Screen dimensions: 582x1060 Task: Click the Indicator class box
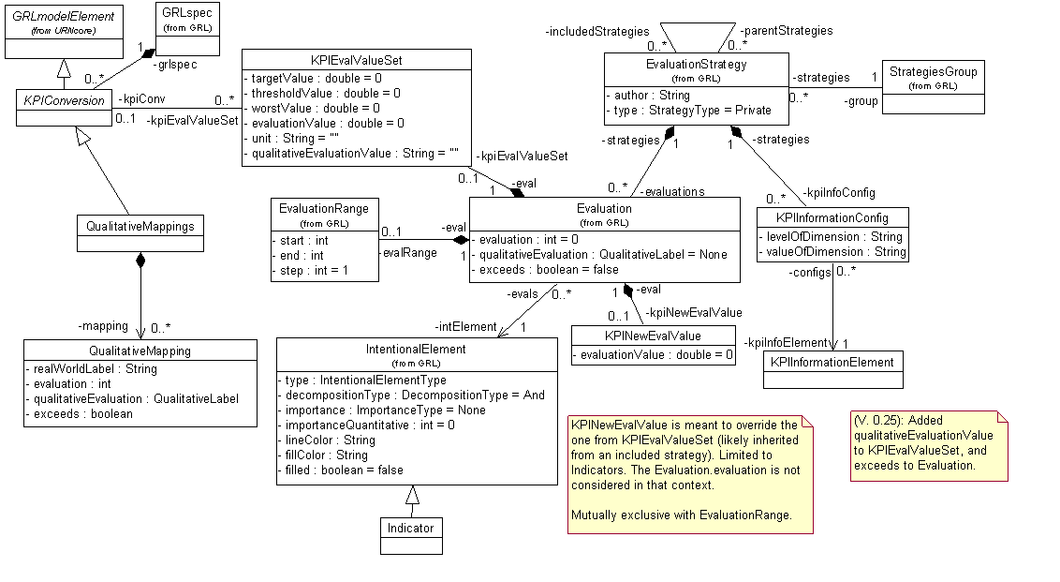pyautogui.click(x=411, y=534)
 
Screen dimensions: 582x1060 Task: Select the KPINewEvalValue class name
pyautogui.click(x=653, y=336)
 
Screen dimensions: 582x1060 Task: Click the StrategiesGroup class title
pyautogui.click(x=933, y=71)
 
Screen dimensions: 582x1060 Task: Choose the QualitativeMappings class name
pyautogui.click(x=140, y=227)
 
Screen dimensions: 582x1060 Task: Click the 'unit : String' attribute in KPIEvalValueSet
pyautogui.click(x=292, y=137)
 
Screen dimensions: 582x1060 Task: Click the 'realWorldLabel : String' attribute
pyautogui.click(x=92, y=368)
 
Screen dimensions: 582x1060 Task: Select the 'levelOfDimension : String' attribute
pyautogui.click(x=832, y=237)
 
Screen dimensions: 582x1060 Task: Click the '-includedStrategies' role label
pyautogui.click(x=597, y=32)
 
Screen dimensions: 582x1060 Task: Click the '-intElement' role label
pyautogui.click(x=465, y=327)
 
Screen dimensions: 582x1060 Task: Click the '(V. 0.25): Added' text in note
pyautogui.click(x=899, y=421)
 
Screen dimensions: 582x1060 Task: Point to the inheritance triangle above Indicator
pyautogui.click(x=411, y=495)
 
